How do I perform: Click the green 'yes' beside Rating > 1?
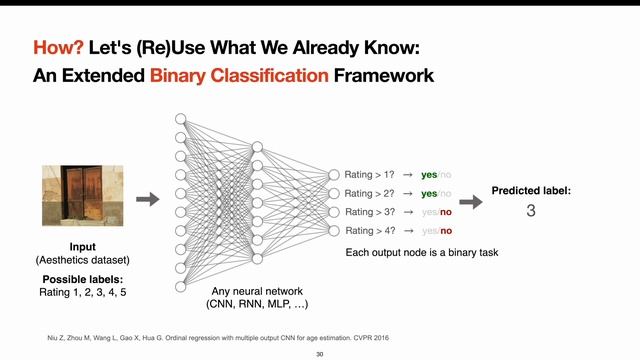tap(429, 174)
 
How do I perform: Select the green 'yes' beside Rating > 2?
tap(429, 193)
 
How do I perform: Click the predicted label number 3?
tap(531, 211)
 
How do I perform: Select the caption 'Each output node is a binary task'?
tap(421, 252)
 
